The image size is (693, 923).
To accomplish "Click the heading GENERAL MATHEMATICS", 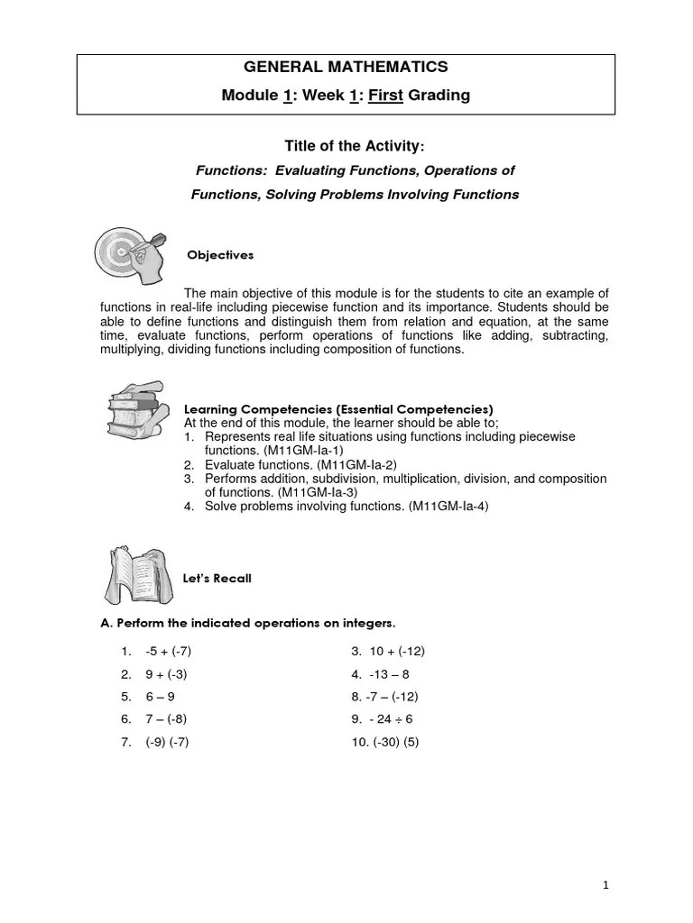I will click(347, 67).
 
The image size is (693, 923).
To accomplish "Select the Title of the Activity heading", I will click(354, 146).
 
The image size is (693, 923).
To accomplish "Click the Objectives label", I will click(220, 255).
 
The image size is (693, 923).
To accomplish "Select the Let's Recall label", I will click(217, 579).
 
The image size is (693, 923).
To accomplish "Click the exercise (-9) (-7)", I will click(167, 742).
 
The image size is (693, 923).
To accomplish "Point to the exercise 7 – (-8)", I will click(166, 719).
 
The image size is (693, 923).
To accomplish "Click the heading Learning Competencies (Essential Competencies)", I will click(338, 408).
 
